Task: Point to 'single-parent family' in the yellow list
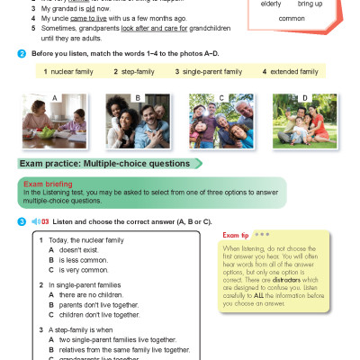coord(212,71)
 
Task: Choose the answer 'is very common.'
coord(85,270)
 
